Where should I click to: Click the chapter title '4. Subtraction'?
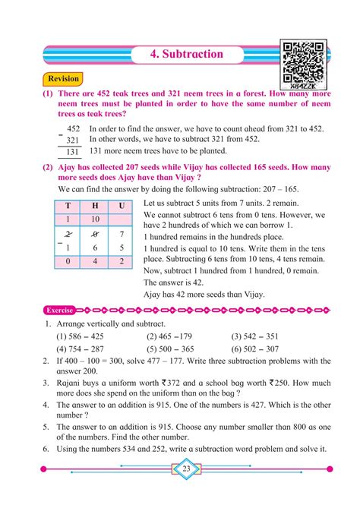click(187, 54)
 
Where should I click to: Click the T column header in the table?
click(68, 205)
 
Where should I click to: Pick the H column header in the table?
click(95, 205)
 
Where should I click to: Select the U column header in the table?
click(122, 205)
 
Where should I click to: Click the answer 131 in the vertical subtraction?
click(72, 151)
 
